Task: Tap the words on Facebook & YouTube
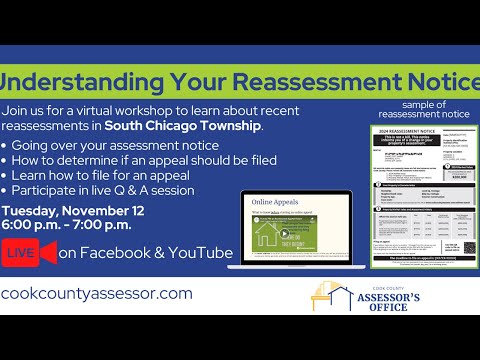[x=145, y=253]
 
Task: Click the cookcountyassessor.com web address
[x=96, y=294]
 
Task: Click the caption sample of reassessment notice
[x=421, y=108]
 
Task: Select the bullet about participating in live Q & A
[x=111, y=189]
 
